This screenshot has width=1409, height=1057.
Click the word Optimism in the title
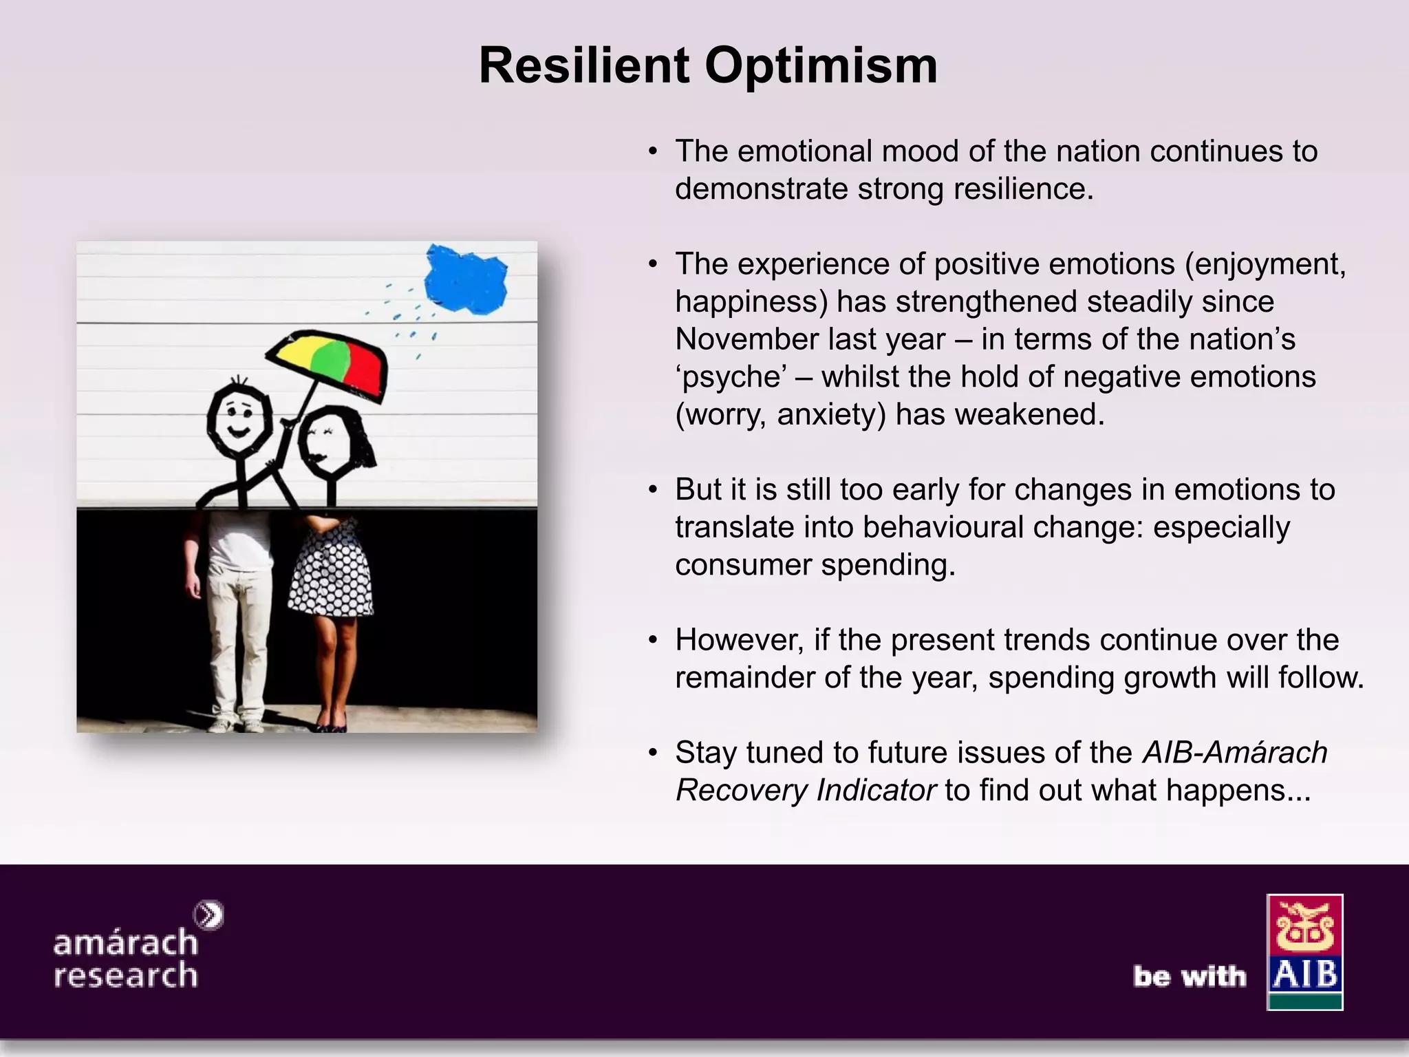[x=820, y=66]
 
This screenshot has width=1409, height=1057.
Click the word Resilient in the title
[x=583, y=66]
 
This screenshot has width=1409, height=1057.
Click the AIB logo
[x=1304, y=952]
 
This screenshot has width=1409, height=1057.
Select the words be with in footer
[x=1190, y=976]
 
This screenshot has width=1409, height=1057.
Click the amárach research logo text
[x=126, y=958]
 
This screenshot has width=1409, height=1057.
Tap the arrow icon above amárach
[x=208, y=915]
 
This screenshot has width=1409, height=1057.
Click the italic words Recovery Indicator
[x=806, y=791]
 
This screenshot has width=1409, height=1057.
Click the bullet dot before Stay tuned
[x=653, y=753]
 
